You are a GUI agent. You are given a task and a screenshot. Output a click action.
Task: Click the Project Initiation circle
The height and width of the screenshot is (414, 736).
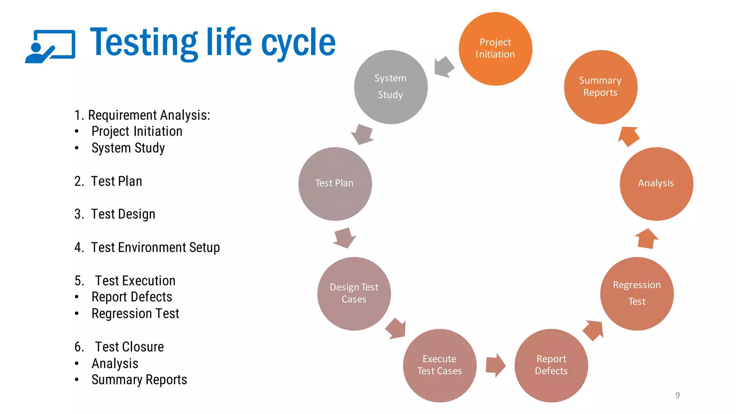[x=495, y=49]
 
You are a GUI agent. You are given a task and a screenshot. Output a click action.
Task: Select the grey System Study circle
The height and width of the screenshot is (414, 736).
[x=391, y=87]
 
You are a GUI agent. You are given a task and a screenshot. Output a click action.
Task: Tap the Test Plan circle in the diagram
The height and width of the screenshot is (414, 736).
[x=335, y=184]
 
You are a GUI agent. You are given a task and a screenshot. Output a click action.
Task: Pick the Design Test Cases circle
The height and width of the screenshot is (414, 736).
[x=354, y=294]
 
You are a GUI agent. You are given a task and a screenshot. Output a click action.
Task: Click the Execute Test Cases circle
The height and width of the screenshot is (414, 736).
[x=440, y=365]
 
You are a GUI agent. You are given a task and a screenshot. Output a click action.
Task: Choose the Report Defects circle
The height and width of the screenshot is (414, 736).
[x=551, y=365]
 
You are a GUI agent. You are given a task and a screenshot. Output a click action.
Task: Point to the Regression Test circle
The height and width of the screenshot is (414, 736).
[x=637, y=294]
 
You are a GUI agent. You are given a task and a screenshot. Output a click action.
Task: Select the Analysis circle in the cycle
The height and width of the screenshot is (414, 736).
[x=656, y=184]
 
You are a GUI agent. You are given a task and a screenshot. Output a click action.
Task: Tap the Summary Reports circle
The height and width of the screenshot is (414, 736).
[x=601, y=87]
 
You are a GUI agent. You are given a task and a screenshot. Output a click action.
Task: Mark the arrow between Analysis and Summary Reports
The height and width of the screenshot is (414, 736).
[x=629, y=136]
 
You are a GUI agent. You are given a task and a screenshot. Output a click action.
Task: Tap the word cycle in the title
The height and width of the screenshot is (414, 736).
[x=298, y=43]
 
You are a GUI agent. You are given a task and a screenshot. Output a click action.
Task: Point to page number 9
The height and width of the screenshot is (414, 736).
[x=677, y=395]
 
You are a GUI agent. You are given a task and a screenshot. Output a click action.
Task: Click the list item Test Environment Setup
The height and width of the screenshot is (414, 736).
[x=155, y=248]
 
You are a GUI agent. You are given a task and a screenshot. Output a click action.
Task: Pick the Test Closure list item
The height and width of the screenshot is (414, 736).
[x=129, y=347]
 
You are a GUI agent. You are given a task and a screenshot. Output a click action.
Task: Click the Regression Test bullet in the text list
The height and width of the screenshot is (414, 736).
[x=135, y=314]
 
